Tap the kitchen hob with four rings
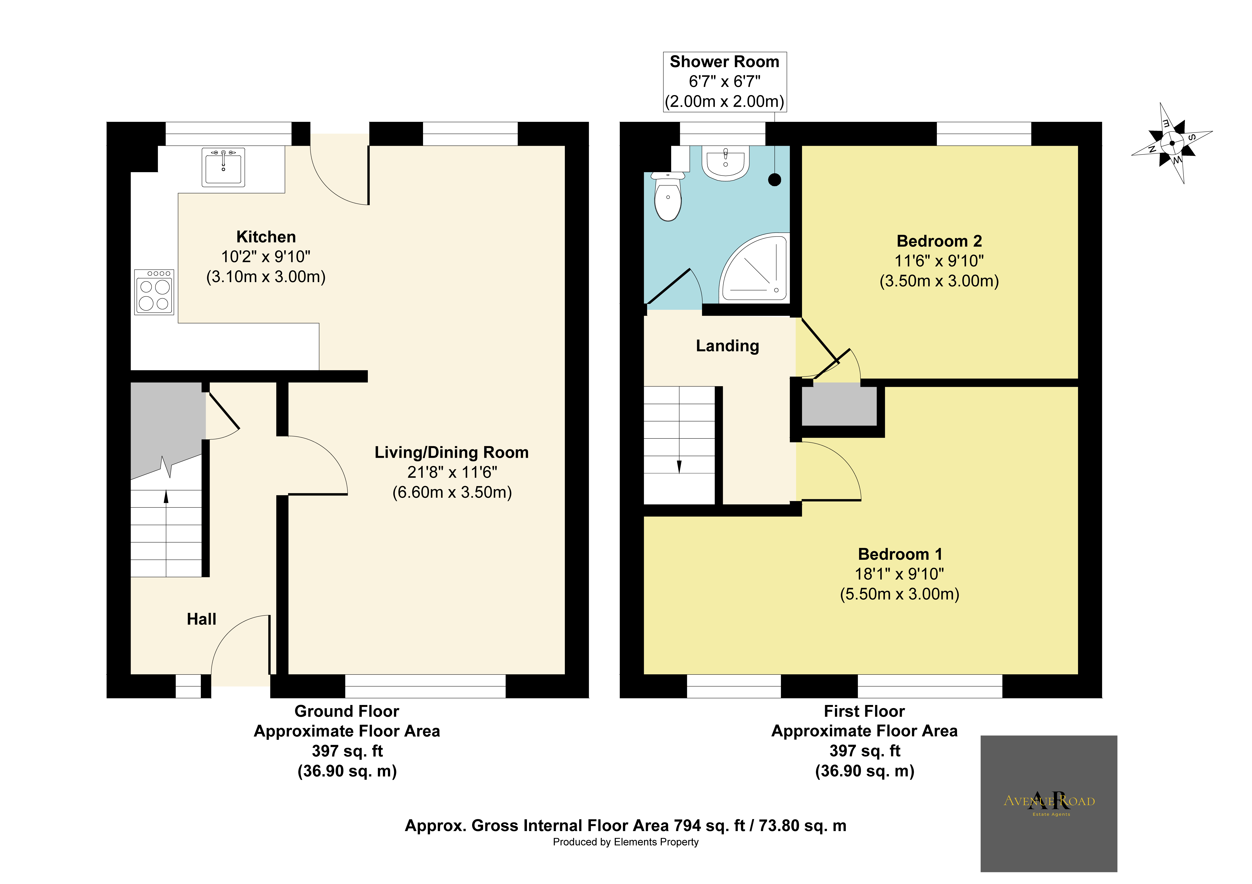(x=154, y=292)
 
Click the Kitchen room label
(x=266, y=237)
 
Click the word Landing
(x=727, y=346)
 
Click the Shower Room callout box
(x=725, y=82)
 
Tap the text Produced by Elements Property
(x=625, y=842)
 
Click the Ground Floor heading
(x=347, y=711)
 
